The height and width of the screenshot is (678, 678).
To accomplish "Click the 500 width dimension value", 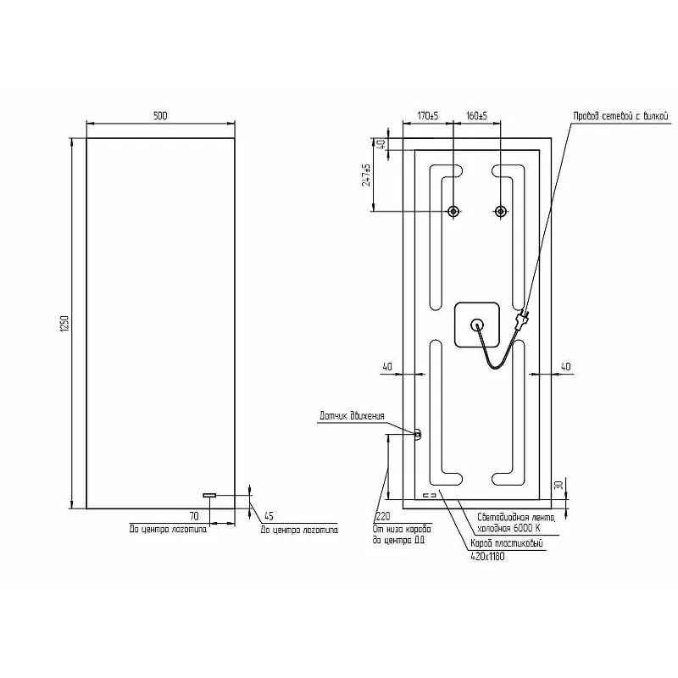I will pyautogui.click(x=160, y=115).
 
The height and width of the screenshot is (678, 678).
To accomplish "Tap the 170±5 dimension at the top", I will pyautogui.click(x=428, y=115).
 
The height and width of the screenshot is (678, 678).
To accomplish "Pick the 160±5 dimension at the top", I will pyautogui.click(x=477, y=115).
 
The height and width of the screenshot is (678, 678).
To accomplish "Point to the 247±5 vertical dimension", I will pyautogui.click(x=366, y=175).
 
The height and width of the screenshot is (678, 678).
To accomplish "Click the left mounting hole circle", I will pyautogui.click(x=454, y=211).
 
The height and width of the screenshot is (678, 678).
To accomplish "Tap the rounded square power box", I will pyautogui.click(x=478, y=325).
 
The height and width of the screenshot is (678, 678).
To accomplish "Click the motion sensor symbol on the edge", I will pyautogui.click(x=417, y=434).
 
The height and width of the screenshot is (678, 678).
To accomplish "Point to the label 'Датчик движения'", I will pyautogui.click(x=352, y=416).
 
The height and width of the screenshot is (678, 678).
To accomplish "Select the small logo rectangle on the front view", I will pyautogui.click(x=209, y=495).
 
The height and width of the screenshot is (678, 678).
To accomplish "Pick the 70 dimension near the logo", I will pyautogui.click(x=193, y=515).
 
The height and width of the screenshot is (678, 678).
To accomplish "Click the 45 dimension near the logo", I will pyautogui.click(x=269, y=515).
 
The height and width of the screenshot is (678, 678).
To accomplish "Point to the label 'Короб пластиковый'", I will pyautogui.click(x=506, y=545).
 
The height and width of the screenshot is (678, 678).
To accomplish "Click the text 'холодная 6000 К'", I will pyautogui.click(x=508, y=529).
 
